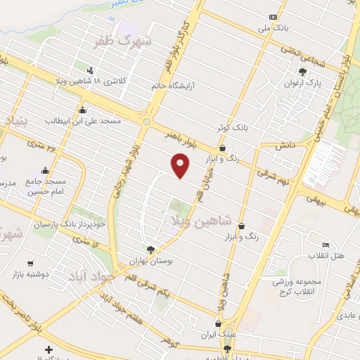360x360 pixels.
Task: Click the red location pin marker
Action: point(181,165)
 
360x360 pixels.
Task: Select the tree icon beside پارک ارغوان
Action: point(302,72)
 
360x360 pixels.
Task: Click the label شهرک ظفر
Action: point(125,40)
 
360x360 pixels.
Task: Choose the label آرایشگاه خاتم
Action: point(172,85)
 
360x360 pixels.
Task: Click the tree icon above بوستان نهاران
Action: point(150,249)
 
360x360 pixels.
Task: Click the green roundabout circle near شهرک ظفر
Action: point(146,122)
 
